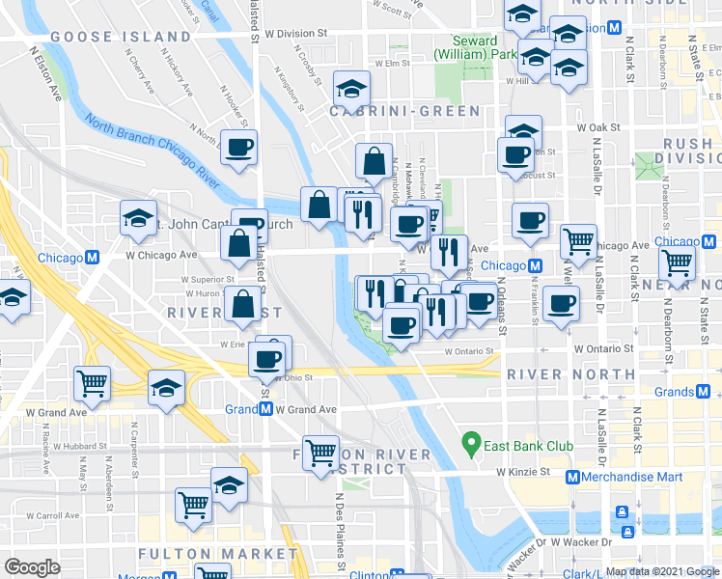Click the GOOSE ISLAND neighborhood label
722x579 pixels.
coord(121,37)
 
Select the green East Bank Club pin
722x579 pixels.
coord(472,444)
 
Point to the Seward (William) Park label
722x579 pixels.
coord(475,48)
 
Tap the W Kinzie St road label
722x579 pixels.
coord(523,472)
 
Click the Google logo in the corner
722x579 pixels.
coord(31,566)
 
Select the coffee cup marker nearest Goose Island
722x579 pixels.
coord(238,149)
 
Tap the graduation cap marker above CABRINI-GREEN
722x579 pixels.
coord(352,89)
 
